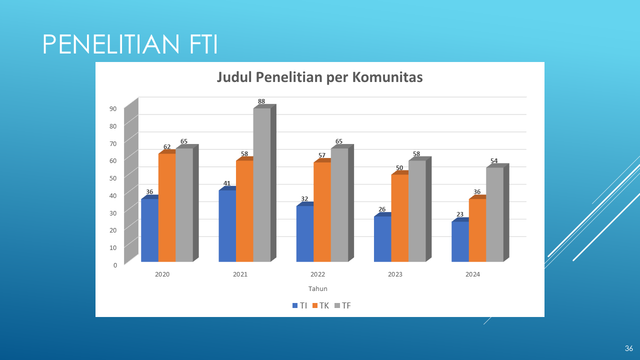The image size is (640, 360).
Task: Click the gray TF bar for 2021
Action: (261, 185)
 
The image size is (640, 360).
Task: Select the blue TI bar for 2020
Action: (149, 230)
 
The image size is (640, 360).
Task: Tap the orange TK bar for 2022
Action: (322, 212)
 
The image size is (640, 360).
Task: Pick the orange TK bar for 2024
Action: (477, 230)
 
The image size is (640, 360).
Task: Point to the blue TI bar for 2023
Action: (382, 239)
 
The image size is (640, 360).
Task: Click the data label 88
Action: (261, 101)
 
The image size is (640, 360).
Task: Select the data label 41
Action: (227, 183)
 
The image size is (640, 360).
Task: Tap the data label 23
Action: (459, 214)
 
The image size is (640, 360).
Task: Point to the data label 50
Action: (399, 167)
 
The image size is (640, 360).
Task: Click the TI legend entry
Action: (299, 305)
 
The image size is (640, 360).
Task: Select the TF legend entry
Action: (342, 305)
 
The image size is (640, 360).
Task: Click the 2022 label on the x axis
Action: (317, 274)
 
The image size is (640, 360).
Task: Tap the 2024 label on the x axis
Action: (472, 274)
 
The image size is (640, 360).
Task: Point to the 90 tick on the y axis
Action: (113, 108)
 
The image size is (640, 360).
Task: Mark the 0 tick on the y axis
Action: (115, 264)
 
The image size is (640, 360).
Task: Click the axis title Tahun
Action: (317, 289)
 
